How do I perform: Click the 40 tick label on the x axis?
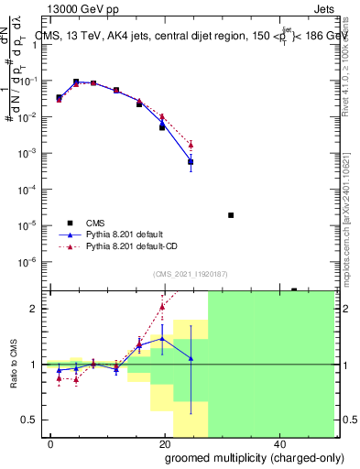278,442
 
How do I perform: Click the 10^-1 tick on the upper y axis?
32,81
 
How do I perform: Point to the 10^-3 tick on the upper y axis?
32,153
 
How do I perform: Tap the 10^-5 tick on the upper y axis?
32,225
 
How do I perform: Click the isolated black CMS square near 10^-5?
231,215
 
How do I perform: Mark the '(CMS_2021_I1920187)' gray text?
190,273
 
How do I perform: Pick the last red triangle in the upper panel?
191,145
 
